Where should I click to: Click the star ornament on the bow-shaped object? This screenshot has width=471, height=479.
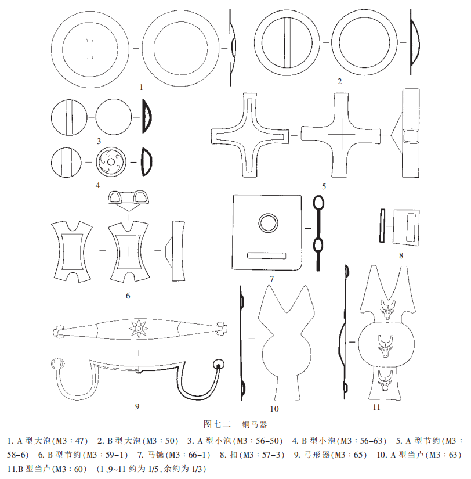[140, 329]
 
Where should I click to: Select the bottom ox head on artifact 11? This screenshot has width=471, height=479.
[385, 380]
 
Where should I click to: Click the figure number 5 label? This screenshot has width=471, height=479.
[324, 186]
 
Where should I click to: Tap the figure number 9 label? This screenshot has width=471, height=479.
[137, 406]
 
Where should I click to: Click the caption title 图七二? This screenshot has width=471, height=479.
[218, 425]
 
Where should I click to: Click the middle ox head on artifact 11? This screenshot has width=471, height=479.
[385, 344]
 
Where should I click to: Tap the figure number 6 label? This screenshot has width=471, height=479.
[128, 296]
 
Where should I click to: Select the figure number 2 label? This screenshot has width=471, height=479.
[339, 81]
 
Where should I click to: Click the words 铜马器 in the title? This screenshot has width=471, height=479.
[255, 425]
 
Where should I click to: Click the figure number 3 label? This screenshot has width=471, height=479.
[99, 141]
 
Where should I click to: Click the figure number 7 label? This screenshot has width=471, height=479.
[271, 278]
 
